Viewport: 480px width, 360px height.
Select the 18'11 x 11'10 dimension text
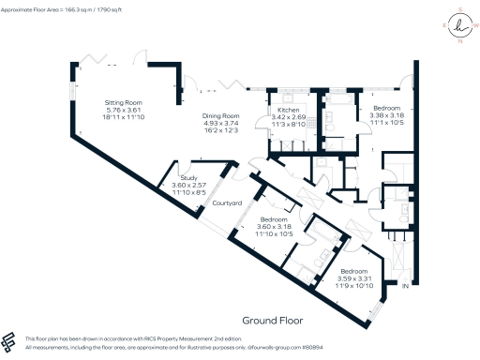click(122, 116)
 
